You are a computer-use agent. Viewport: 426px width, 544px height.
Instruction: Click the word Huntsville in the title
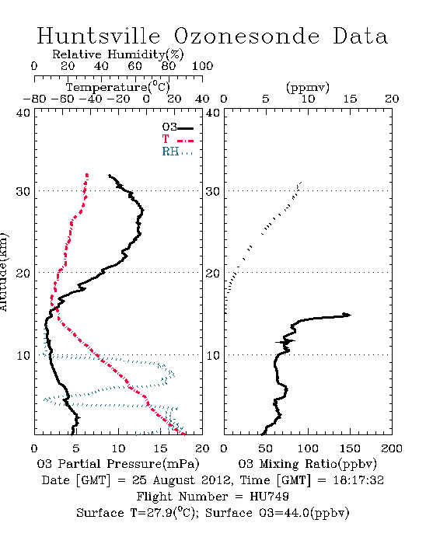99,36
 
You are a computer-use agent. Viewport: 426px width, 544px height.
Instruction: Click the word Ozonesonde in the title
246,36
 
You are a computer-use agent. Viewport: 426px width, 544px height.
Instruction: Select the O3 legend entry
177,127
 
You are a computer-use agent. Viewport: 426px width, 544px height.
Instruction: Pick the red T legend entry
177,139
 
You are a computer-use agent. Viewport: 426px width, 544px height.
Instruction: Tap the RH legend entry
177,152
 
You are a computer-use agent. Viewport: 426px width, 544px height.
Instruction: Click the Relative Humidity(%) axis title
118,54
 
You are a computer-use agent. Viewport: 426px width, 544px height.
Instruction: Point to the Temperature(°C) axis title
118,87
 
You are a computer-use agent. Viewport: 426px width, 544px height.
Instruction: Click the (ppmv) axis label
308,87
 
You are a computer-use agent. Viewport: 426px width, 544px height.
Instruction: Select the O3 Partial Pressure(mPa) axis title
118,464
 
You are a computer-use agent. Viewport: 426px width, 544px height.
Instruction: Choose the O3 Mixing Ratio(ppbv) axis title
307,464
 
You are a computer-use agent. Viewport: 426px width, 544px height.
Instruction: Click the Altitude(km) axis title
3,272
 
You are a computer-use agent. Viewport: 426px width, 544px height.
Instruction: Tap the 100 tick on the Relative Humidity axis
202,66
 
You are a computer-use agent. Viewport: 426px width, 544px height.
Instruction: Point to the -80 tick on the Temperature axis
34,99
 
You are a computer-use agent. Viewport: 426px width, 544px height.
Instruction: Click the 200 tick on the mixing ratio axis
392,448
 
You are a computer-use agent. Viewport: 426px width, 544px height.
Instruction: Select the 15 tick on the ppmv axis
350,99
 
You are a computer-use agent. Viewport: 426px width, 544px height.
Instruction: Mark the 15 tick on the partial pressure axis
160,448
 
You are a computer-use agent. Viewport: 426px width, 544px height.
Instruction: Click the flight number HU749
269,497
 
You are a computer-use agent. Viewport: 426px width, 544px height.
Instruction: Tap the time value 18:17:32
358,480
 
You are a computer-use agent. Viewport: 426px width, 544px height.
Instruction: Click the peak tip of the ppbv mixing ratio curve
351,315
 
